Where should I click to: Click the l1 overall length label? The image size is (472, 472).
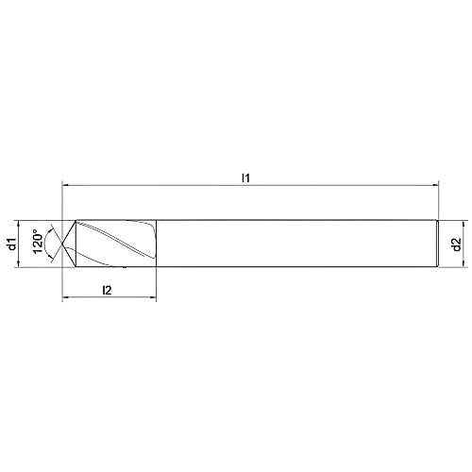tap(246, 177)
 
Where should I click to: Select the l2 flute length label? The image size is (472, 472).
tap(107, 291)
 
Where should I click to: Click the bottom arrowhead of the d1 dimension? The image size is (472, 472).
tap(21, 264)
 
